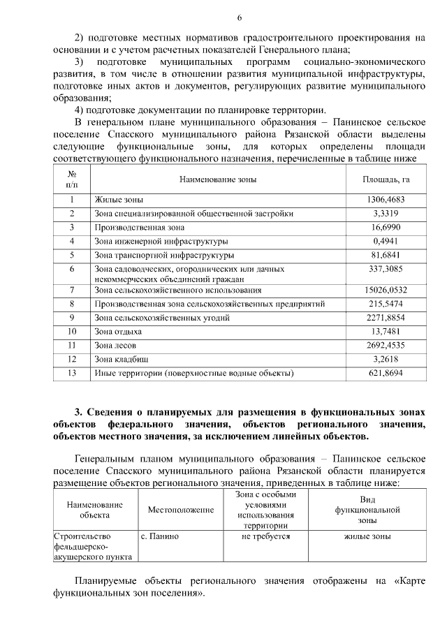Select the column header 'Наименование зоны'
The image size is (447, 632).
(x=217, y=179)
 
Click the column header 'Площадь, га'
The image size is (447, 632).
(x=386, y=179)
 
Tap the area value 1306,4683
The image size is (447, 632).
(x=386, y=200)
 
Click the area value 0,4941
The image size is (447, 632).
(x=386, y=241)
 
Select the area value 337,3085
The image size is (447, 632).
(x=386, y=268)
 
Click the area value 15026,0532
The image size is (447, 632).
(x=386, y=290)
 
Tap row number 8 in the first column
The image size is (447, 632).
(x=72, y=304)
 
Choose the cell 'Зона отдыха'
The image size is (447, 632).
(x=117, y=332)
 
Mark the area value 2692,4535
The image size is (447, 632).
(x=386, y=345)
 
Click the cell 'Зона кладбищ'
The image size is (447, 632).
(x=121, y=359)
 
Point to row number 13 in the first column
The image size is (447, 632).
(x=72, y=373)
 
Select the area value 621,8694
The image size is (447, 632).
(x=386, y=373)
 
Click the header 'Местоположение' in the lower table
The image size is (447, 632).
(x=180, y=510)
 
